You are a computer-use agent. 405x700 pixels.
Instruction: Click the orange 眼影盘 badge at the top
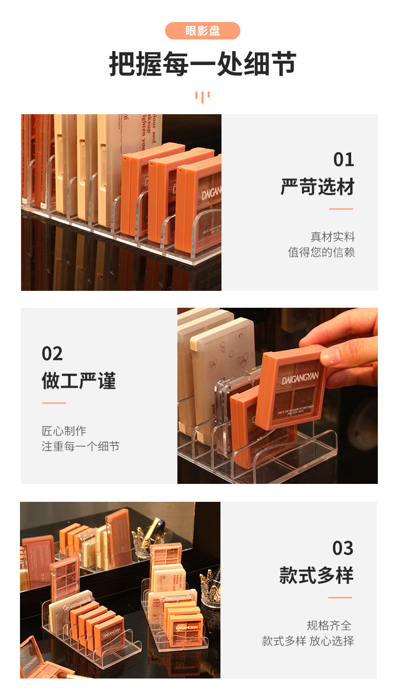tap(202, 31)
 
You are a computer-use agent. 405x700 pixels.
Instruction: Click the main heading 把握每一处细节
tap(202, 64)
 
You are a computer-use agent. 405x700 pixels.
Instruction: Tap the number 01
tap(343, 160)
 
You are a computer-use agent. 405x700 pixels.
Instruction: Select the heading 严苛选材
tap(317, 187)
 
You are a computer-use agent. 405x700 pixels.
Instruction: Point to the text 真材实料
tap(332, 237)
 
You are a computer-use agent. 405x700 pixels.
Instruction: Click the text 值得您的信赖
tap(321, 252)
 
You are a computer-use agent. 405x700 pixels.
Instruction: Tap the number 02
tap(52, 354)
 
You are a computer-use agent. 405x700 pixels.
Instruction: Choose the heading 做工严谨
tap(79, 381)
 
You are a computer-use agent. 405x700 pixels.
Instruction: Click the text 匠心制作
tap(64, 431)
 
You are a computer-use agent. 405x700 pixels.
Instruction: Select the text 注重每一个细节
tap(80, 446)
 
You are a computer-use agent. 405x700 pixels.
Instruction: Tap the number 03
tap(343, 548)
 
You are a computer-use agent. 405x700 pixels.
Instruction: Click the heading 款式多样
tap(316, 576)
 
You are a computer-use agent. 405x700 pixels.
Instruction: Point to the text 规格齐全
tap(329, 625)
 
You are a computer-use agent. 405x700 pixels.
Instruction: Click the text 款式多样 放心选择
tap(308, 641)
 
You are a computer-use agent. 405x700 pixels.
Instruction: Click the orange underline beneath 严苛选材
tap(341, 209)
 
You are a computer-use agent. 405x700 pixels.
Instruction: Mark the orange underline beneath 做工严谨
tap(54, 403)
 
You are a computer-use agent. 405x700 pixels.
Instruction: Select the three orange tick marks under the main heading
tap(202, 97)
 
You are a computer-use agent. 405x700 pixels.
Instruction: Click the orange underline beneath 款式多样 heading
tap(340, 598)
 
